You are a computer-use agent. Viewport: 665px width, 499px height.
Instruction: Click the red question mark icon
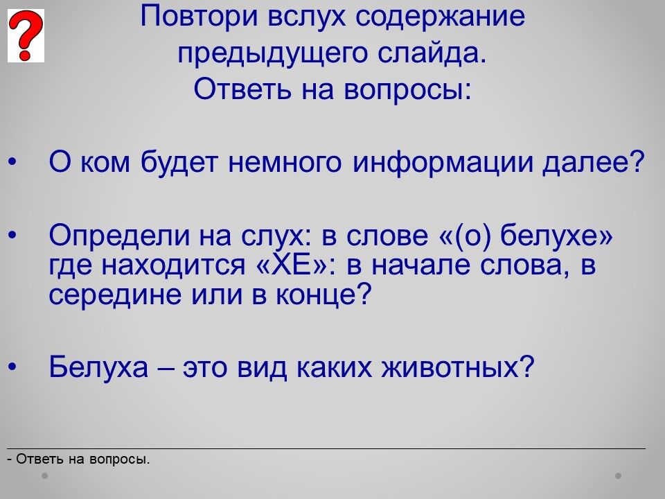click(x=26, y=35)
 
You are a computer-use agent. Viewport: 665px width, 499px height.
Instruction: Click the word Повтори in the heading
click(x=199, y=16)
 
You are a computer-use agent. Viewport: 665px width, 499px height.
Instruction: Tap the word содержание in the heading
click(x=440, y=16)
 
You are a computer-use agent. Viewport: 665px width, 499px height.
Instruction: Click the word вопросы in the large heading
click(x=407, y=89)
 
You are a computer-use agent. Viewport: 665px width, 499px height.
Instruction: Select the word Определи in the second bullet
click(x=119, y=236)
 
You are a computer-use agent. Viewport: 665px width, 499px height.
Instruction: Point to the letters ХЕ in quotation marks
click(x=292, y=265)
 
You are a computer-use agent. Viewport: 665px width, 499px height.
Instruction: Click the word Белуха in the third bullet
click(x=98, y=367)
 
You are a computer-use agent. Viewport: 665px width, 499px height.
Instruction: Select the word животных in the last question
click(x=450, y=367)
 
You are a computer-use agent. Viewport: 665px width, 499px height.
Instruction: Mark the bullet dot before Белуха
click(x=12, y=367)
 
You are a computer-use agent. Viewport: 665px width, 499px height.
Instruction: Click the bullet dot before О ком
click(x=12, y=161)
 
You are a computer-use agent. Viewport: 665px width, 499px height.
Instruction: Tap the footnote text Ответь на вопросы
click(x=83, y=459)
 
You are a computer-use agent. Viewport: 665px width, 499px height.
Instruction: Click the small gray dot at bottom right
click(x=619, y=476)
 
